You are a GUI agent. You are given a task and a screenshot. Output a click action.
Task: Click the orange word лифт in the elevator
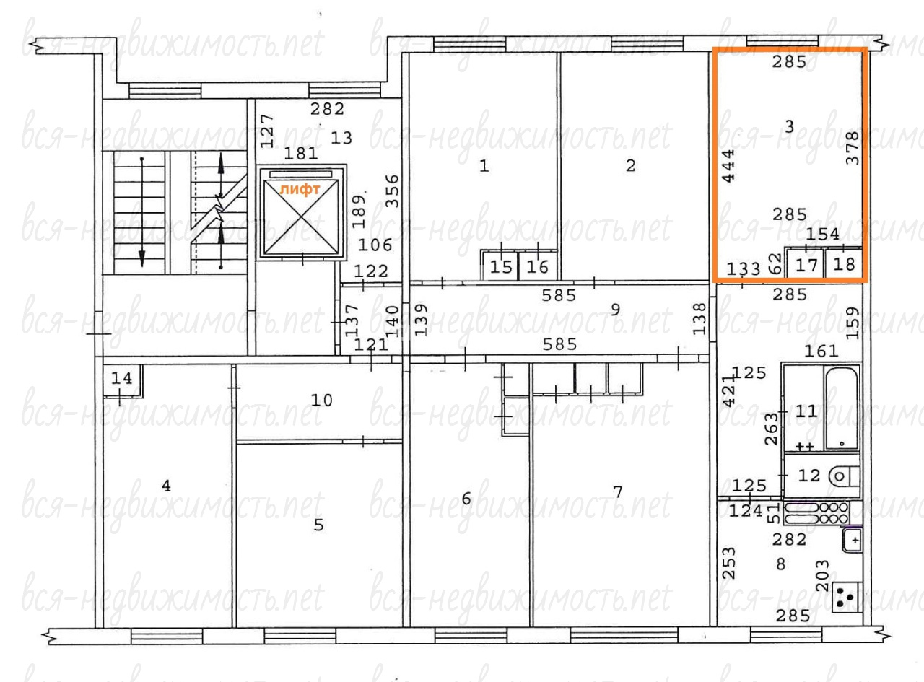point(300,190)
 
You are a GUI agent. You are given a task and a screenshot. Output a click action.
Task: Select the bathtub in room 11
point(842,408)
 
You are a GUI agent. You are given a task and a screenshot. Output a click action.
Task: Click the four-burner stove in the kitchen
point(847,597)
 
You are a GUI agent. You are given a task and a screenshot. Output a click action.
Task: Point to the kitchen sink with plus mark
point(852,541)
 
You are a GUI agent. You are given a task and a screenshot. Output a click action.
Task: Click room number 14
point(122,378)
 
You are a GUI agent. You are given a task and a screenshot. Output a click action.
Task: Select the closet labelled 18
point(844,264)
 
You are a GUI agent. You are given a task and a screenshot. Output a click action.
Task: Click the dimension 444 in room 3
point(728,166)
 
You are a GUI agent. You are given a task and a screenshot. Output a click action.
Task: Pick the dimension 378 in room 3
point(853,148)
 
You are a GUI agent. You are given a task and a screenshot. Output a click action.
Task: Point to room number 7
point(618,492)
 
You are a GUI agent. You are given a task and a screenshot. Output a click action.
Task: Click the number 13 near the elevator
point(341,138)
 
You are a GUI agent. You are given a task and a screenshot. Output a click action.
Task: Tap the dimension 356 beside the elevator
point(392,191)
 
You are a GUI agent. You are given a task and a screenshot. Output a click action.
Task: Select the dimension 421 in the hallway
point(729,390)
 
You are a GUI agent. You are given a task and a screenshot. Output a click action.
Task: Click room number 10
point(322,401)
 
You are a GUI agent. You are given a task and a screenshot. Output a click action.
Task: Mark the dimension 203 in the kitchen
point(823,576)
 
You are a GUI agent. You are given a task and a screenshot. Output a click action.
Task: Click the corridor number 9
point(615,309)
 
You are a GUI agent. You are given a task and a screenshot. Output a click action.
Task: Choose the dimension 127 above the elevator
point(267,131)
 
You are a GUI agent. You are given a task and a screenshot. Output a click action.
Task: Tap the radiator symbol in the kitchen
point(816,513)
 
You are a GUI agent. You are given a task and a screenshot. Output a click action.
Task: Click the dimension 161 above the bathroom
point(821,351)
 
